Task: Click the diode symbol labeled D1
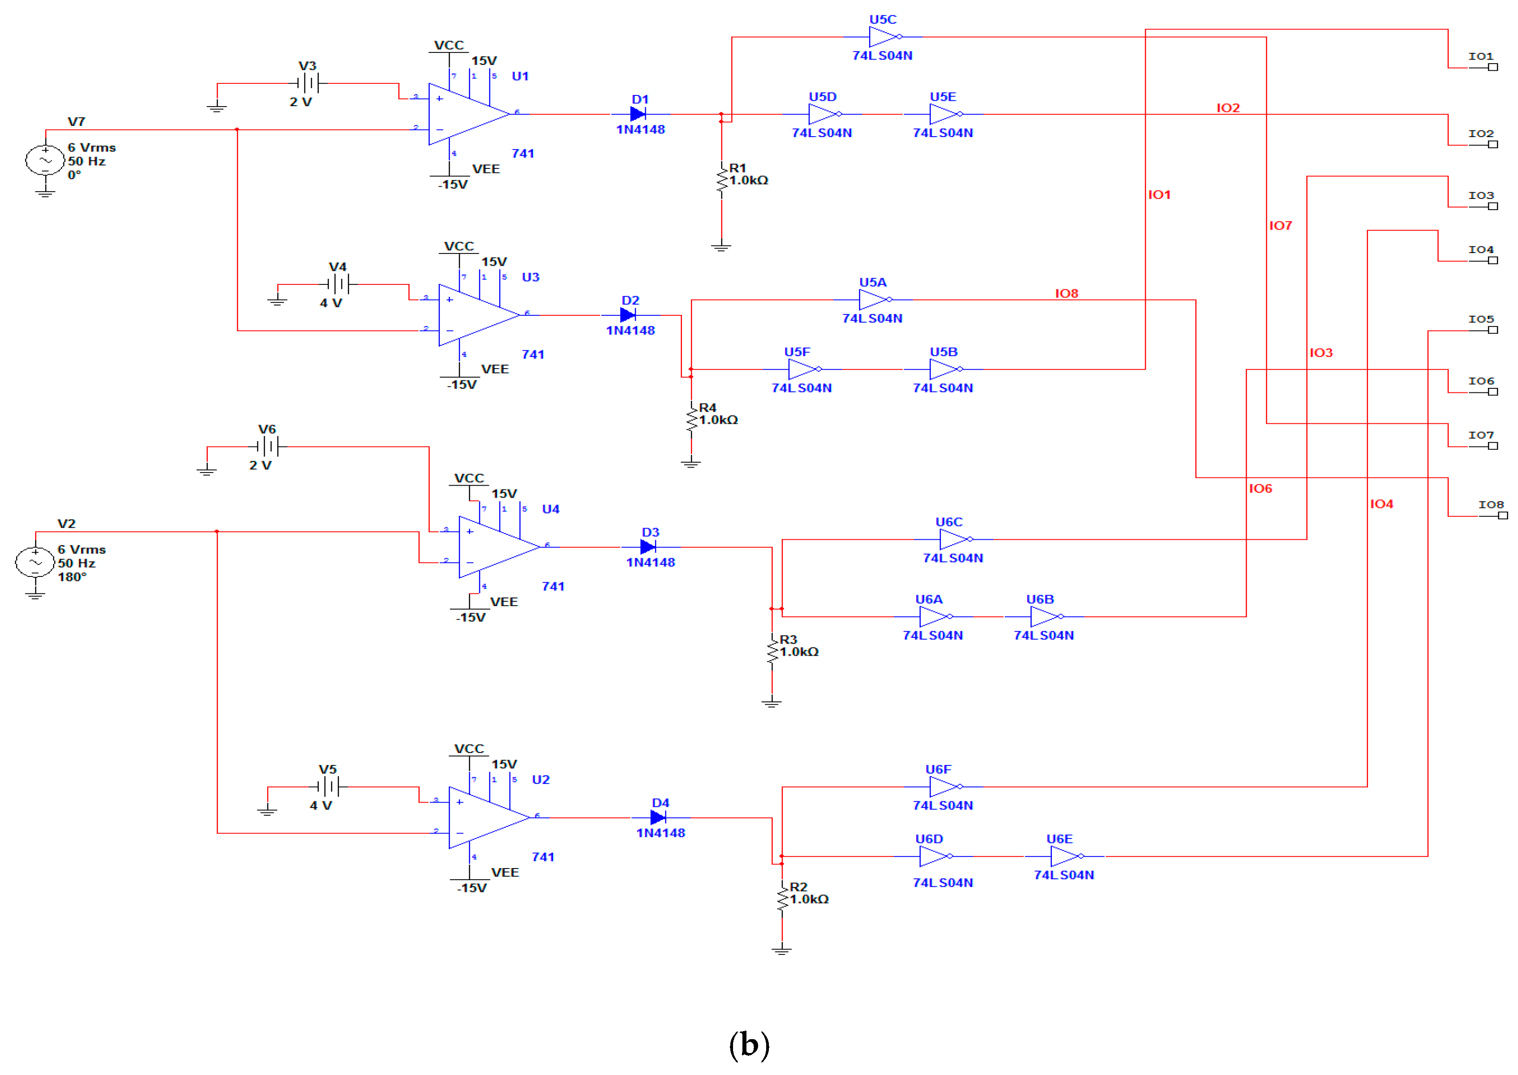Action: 638,114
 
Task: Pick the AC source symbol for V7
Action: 45,160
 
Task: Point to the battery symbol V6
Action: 267,447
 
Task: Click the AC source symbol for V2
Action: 35,562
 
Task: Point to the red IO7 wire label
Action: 1280,226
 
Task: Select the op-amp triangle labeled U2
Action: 485,817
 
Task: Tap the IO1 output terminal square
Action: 1493,67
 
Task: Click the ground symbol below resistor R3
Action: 771,702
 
